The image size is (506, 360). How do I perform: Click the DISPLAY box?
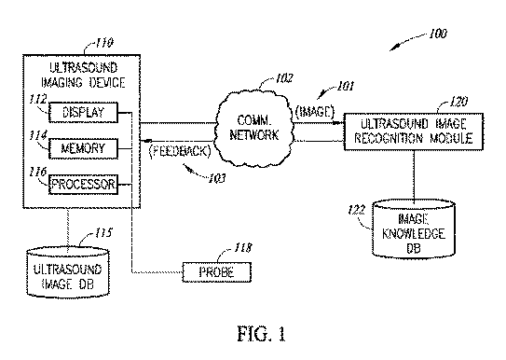click(83, 112)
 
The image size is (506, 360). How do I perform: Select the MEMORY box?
click(83, 148)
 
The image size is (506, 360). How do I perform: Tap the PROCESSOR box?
click(83, 185)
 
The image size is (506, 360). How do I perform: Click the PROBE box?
click(217, 272)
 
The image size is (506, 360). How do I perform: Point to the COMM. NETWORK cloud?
click(254, 128)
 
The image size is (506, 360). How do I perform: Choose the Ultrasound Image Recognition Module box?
click(414, 132)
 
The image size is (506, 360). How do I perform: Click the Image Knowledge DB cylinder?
click(414, 229)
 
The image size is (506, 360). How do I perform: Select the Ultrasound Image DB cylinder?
click(68, 272)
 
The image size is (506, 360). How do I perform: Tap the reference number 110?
click(104, 43)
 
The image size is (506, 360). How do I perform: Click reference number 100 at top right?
click(438, 34)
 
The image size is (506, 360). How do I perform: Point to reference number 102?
click(284, 78)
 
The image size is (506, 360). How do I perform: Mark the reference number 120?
click(458, 102)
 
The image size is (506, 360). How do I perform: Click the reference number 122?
click(357, 210)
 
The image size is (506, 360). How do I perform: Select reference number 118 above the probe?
click(242, 248)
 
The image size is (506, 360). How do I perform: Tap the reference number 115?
click(103, 233)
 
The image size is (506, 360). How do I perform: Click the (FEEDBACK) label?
click(180, 151)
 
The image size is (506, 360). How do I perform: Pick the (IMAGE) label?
click(315, 112)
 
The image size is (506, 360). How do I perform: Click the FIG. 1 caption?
click(262, 334)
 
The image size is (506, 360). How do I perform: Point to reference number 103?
click(217, 178)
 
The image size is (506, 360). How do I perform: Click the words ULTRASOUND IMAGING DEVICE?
click(83, 76)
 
